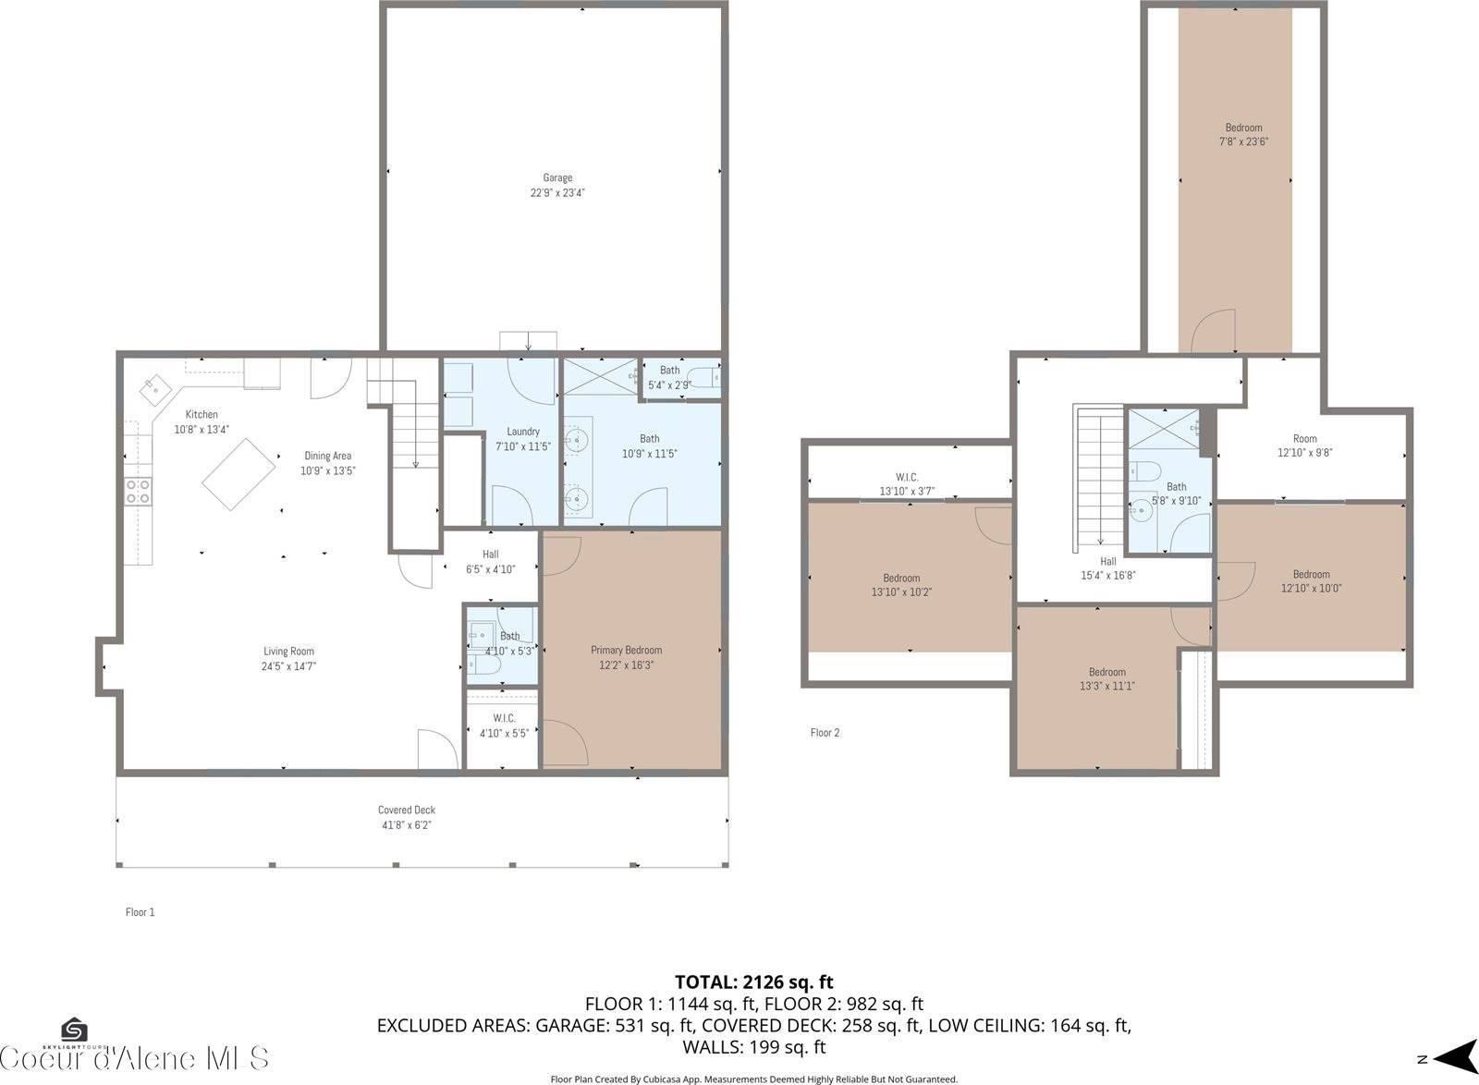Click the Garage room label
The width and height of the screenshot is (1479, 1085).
[x=557, y=185]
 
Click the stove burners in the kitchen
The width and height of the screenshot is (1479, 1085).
[x=139, y=491]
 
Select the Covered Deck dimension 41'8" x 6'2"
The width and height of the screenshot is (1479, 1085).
[x=406, y=825]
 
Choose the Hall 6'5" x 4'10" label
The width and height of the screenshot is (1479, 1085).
[x=490, y=562]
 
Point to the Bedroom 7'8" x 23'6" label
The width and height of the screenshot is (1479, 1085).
[x=1243, y=135]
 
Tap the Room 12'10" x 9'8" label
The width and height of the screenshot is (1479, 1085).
[x=1304, y=445]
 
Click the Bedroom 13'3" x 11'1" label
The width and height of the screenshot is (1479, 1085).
[x=1106, y=678]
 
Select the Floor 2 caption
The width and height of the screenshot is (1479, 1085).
[x=825, y=733]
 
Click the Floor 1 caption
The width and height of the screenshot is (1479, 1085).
[x=140, y=912]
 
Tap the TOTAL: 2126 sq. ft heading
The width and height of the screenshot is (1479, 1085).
[x=754, y=981]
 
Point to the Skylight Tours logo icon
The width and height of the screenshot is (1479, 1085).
[x=74, y=1030]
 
